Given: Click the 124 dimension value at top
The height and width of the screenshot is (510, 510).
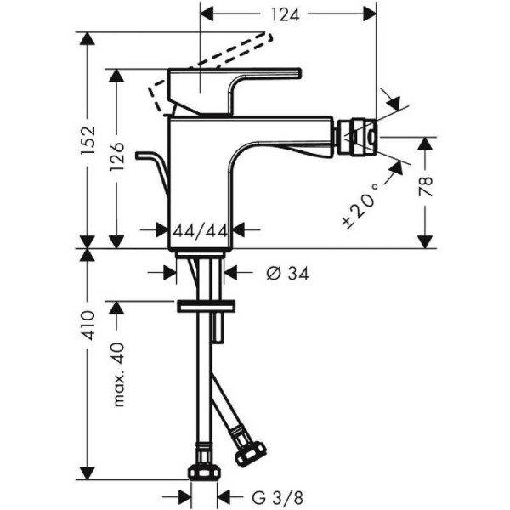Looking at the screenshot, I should coord(289,14).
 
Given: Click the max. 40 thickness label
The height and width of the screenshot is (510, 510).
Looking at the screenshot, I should coord(119,374).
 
